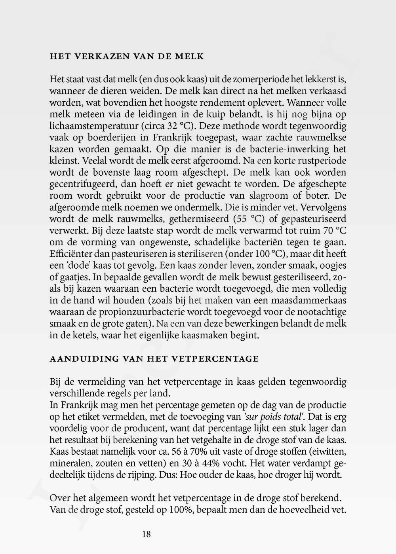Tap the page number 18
[146, 534]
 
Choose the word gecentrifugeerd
[79, 184]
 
